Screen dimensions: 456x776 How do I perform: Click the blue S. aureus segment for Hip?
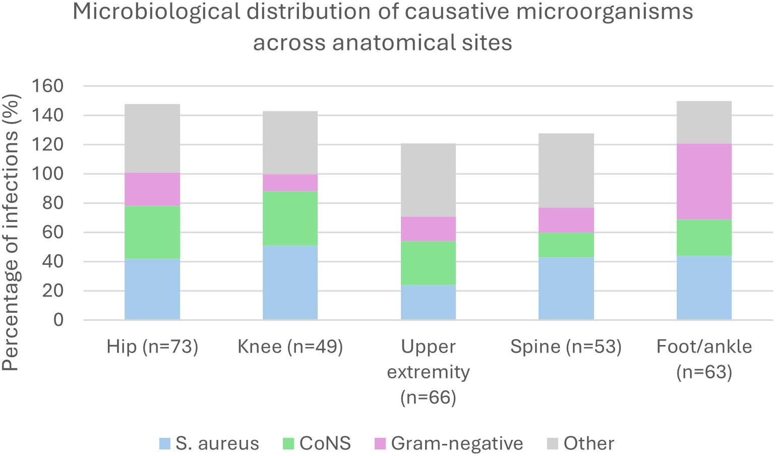click(152, 289)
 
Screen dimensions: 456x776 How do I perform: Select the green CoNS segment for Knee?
click(290, 218)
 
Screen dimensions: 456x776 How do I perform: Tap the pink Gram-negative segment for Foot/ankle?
click(704, 182)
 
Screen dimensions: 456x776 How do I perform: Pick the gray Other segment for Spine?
click(566, 170)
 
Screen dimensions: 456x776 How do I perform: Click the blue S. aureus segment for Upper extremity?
click(428, 302)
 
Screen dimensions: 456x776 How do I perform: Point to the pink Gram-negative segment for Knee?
click(290, 183)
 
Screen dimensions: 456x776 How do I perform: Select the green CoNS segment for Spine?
click(566, 245)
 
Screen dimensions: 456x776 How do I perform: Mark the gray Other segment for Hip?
click(152, 138)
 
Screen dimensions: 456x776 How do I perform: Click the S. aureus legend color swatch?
click(165, 444)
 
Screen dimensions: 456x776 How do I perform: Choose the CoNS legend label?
click(325, 443)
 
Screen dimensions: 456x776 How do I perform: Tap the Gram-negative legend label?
click(457, 443)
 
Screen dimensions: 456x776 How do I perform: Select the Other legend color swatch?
click(553, 444)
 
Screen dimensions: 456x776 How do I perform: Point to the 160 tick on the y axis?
click(48, 86)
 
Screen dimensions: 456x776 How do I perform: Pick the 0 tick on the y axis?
click(58, 320)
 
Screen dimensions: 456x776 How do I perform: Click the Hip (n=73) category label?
click(152, 347)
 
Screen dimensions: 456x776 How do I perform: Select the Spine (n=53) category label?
click(566, 347)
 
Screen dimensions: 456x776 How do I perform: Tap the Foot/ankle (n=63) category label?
click(704, 359)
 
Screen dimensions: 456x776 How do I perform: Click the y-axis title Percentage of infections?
click(11, 232)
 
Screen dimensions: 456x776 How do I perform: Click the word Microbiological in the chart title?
click(156, 12)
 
